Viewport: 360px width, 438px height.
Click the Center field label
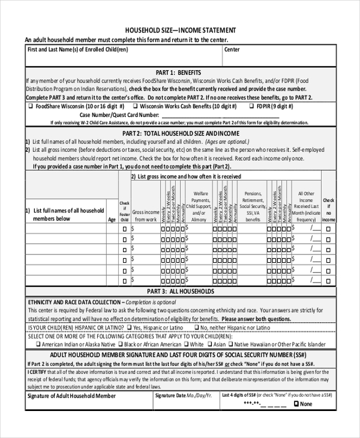point(232,50)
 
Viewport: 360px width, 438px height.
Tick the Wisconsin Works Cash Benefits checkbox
point(136,106)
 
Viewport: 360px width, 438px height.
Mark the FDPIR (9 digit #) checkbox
point(251,106)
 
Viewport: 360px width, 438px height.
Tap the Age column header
point(112,220)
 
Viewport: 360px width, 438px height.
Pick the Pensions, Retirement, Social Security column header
point(253,207)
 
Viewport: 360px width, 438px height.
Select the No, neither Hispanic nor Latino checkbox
point(204,329)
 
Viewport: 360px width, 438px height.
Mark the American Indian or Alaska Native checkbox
point(38,345)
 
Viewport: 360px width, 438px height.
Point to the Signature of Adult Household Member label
point(71,397)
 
